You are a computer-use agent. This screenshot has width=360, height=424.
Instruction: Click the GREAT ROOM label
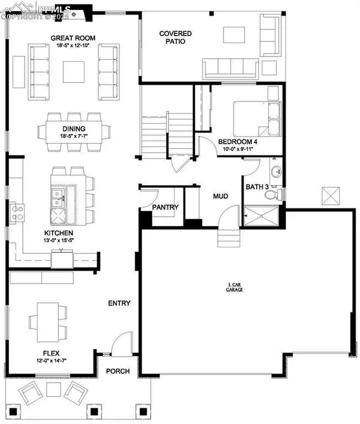73,38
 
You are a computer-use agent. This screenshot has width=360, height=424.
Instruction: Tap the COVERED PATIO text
176,38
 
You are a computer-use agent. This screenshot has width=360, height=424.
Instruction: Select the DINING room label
73,129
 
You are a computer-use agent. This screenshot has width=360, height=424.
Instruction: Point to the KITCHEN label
58,232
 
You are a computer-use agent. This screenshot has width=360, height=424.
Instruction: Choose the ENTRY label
119,303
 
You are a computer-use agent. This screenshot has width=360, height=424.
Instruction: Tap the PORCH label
118,371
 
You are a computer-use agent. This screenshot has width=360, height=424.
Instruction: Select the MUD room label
217,196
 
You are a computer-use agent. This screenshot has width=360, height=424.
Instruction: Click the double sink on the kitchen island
58,198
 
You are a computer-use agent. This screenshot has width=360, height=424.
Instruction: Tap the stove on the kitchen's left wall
17,210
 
